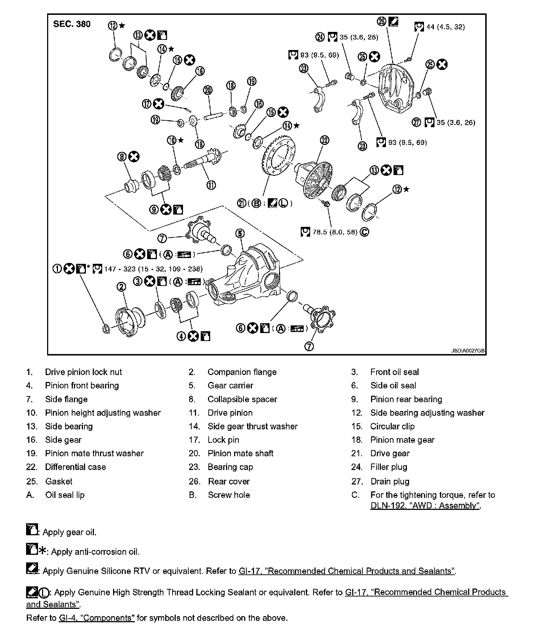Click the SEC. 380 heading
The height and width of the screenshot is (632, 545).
(72, 24)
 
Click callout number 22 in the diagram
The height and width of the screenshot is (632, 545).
(324, 140)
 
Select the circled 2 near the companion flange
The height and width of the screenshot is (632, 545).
(121, 287)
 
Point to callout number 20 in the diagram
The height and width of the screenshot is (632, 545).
(208, 90)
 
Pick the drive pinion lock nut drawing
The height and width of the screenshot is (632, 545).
(106, 329)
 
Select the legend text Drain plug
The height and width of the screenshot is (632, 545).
(390, 482)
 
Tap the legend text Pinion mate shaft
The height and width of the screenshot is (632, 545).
(240, 453)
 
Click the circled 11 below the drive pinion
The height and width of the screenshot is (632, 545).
(211, 185)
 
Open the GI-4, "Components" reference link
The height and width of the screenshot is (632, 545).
(96, 618)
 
